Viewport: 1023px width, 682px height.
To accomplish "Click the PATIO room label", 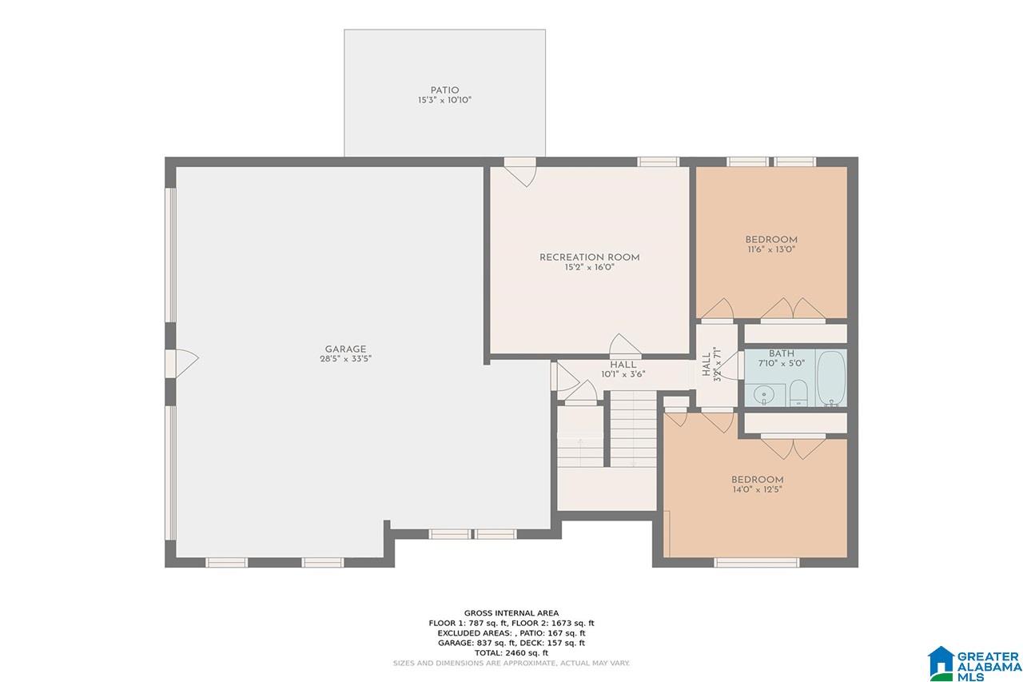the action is (x=444, y=90).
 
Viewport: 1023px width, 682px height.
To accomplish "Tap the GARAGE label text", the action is (x=345, y=349).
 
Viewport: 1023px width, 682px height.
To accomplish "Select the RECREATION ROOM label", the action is (x=589, y=257).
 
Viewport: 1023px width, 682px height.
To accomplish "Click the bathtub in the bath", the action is (x=830, y=377).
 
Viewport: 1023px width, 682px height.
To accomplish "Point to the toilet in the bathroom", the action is (x=798, y=393).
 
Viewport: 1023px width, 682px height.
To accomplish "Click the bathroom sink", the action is (x=763, y=395).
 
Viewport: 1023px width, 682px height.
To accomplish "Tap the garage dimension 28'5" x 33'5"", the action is (x=345, y=359).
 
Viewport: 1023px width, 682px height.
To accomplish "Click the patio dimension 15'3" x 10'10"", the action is (x=444, y=100).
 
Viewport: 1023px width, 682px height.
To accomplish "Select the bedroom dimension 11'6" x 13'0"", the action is (x=771, y=249).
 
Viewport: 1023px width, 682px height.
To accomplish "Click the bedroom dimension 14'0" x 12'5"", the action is (x=757, y=489).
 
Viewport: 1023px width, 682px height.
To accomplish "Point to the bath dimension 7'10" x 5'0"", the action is (x=782, y=364).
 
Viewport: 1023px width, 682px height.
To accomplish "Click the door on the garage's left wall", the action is (x=181, y=364).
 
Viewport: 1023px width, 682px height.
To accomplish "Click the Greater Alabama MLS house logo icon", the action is (x=941, y=664).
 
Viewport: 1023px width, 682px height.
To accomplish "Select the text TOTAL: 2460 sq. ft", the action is (x=511, y=652).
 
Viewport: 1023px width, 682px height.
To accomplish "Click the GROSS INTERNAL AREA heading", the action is (x=511, y=613).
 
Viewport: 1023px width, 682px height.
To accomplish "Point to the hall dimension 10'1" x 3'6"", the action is (x=623, y=374).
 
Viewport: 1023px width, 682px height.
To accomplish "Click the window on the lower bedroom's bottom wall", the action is (x=757, y=562).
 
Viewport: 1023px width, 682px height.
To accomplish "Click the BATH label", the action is (x=782, y=353).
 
